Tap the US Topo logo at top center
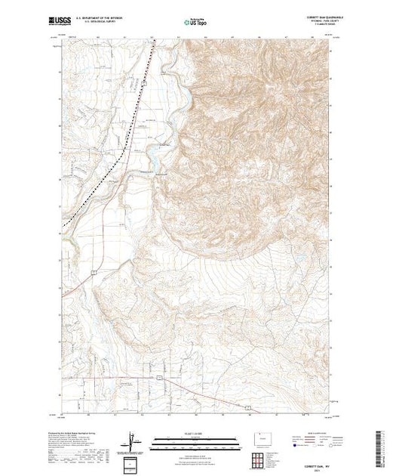point(196,23)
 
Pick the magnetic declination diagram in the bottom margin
point(134,441)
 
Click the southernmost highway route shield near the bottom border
point(247,407)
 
